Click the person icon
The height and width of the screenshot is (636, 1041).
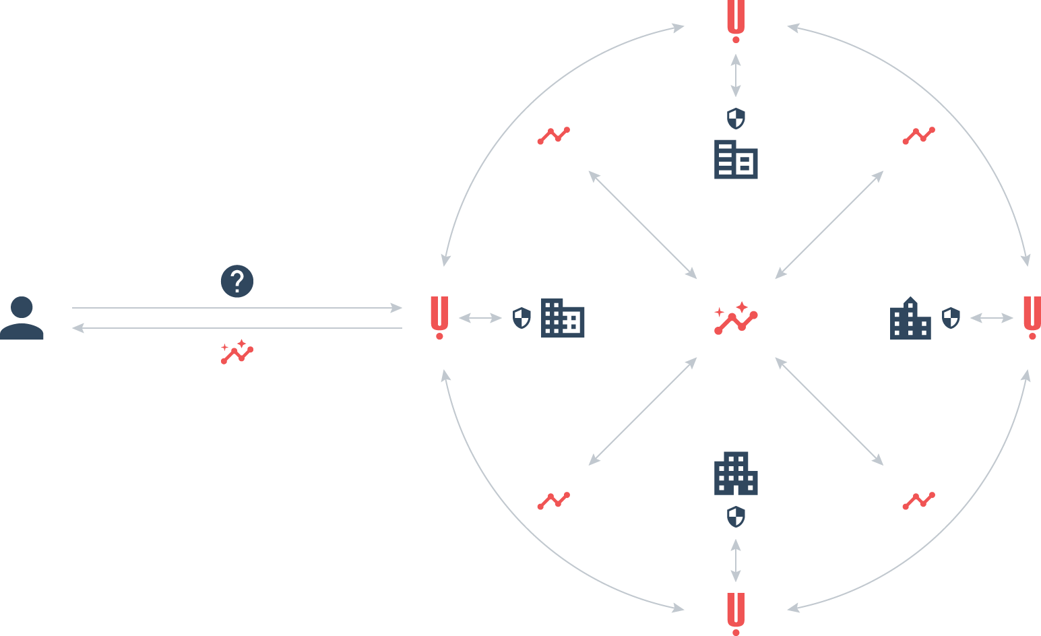22,318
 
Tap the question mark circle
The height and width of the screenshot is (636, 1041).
237,282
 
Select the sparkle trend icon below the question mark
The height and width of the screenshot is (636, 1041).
236,352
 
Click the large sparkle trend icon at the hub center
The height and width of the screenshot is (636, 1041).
736,318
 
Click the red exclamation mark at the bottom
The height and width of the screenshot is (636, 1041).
736,613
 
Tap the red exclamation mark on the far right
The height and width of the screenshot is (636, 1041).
1032,317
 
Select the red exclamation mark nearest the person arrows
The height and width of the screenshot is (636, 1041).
439,317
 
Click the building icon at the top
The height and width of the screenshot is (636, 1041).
736,160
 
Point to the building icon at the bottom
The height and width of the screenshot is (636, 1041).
736,473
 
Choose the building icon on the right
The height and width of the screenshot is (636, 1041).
910,318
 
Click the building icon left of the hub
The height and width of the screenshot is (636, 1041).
563,318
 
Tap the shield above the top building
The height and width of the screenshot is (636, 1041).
736,119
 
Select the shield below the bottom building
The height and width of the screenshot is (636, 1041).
736,517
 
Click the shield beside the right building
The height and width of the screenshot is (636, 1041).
951,318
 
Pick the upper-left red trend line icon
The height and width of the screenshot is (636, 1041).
553,135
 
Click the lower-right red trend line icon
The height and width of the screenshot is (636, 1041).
918,501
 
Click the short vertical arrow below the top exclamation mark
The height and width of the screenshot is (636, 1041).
736,75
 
